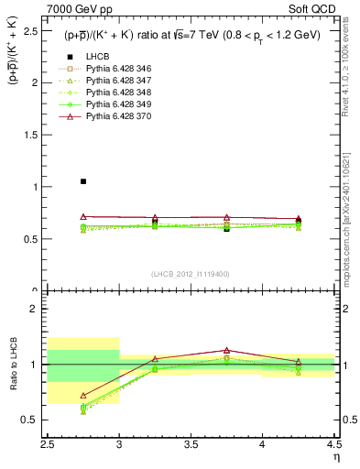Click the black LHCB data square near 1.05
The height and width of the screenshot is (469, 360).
83,181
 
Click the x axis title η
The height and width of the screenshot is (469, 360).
336,455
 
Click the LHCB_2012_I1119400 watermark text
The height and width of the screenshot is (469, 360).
191,274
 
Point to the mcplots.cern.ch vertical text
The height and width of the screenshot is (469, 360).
350,220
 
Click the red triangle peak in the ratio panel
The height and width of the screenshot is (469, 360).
226,350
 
